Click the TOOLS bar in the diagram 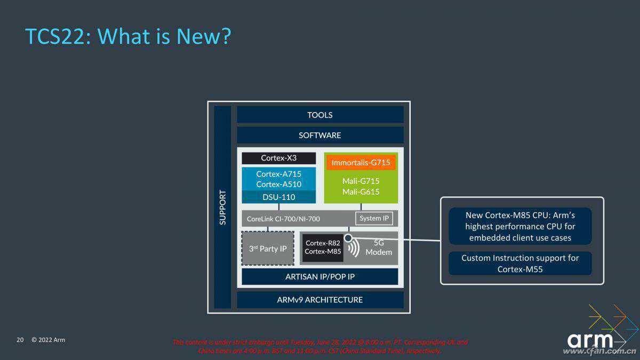(x=320, y=115)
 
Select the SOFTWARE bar (x=320, y=135)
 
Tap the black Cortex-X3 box (x=278, y=158)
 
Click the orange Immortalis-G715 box (x=361, y=162)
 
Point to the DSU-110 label (x=278, y=197)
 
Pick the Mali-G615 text (x=361, y=192)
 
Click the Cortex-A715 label (x=278, y=174)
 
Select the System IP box (x=374, y=218)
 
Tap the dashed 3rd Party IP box (x=268, y=249)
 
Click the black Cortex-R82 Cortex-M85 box (x=323, y=247)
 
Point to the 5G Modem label (x=379, y=247)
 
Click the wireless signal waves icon (x=353, y=249)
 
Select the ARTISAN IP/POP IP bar (x=320, y=277)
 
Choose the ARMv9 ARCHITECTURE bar (x=320, y=300)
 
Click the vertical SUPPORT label (x=223, y=207)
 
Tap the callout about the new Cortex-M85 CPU (x=520, y=226)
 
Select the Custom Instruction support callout (x=520, y=263)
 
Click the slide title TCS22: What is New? (x=128, y=36)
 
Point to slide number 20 (x=20, y=340)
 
